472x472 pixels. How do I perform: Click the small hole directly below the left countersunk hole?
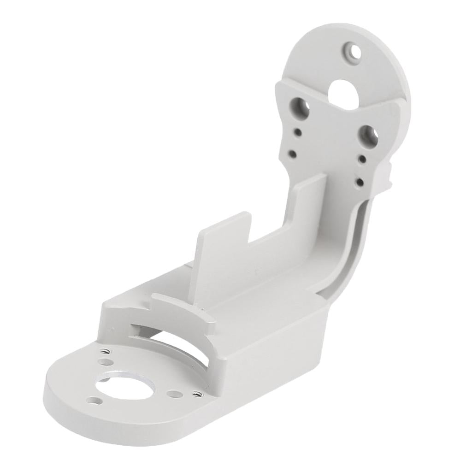298,133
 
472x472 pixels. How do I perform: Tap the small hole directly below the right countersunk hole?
363,159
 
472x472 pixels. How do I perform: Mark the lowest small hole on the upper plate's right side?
358,182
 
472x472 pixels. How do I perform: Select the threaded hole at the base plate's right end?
198,394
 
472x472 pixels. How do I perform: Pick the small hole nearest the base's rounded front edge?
94,401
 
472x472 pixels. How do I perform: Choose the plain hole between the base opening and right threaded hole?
173,394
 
